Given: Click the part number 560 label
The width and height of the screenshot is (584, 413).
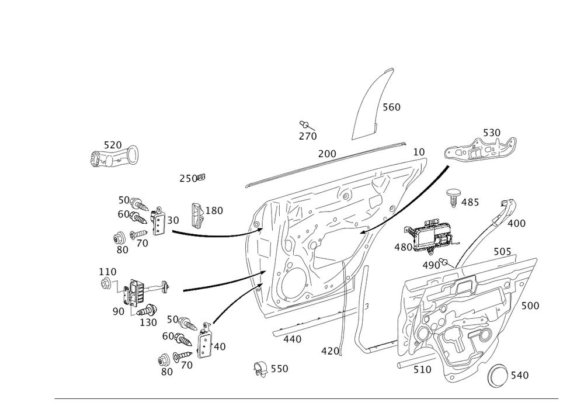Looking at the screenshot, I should [x=391, y=108].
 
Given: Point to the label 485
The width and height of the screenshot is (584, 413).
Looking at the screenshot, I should [x=470, y=203].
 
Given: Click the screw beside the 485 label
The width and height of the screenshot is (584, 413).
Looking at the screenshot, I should [x=454, y=197].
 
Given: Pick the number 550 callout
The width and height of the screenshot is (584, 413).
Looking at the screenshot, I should [x=279, y=369].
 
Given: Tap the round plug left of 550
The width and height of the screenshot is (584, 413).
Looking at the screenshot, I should [x=259, y=369].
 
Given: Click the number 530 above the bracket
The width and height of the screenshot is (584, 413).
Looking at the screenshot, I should [x=491, y=133].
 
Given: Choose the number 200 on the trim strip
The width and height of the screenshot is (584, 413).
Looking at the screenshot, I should [x=327, y=154].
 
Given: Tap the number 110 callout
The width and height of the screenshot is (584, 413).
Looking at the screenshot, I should [x=107, y=272].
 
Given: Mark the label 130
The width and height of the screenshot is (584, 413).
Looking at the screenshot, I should [x=148, y=322].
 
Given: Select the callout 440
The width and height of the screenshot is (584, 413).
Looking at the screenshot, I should [x=292, y=339].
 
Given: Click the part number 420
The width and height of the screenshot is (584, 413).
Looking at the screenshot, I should [x=331, y=351].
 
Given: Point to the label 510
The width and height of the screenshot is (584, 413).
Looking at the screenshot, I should [x=422, y=369].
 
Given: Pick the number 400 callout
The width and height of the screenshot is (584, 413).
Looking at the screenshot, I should [x=516, y=223].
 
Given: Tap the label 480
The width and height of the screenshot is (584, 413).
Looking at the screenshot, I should [x=403, y=247].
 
